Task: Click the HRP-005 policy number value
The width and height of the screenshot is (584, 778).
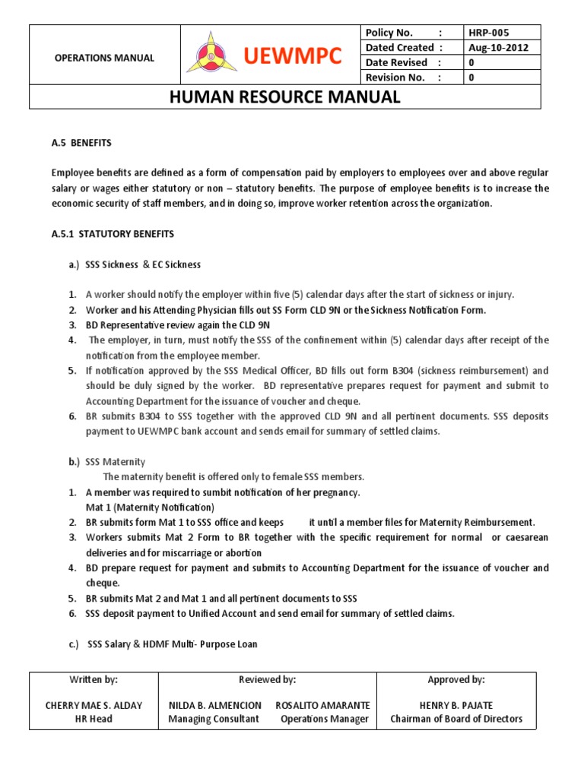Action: pyautogui.click(x=490, y=33)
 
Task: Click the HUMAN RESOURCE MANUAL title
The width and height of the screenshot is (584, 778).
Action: pyautogui.click(x=284, y=96)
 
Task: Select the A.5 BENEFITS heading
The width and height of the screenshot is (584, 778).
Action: pyautogui.click(x=81, y=142)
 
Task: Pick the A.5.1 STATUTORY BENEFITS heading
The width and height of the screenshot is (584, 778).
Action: pyautogui.click(x=113, y=233)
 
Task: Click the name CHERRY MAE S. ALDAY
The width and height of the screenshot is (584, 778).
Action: pyautogui.click(x=94, y=705)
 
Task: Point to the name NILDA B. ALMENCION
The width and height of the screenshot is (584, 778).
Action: pyautogui.click(x=214, y=705)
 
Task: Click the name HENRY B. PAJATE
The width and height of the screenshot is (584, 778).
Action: pyautogui.click(x=456, y=705)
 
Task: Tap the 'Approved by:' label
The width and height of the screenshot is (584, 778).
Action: pyautogui.click(x=456, y=680)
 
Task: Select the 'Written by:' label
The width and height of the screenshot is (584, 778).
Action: pyautogui.click(x=94, y=680)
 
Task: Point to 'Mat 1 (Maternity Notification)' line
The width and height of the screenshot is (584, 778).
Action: pyautogui.click(x=150, y=507)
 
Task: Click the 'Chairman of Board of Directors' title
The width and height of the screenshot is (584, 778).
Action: pyautogui.click(x=456, y=719)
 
